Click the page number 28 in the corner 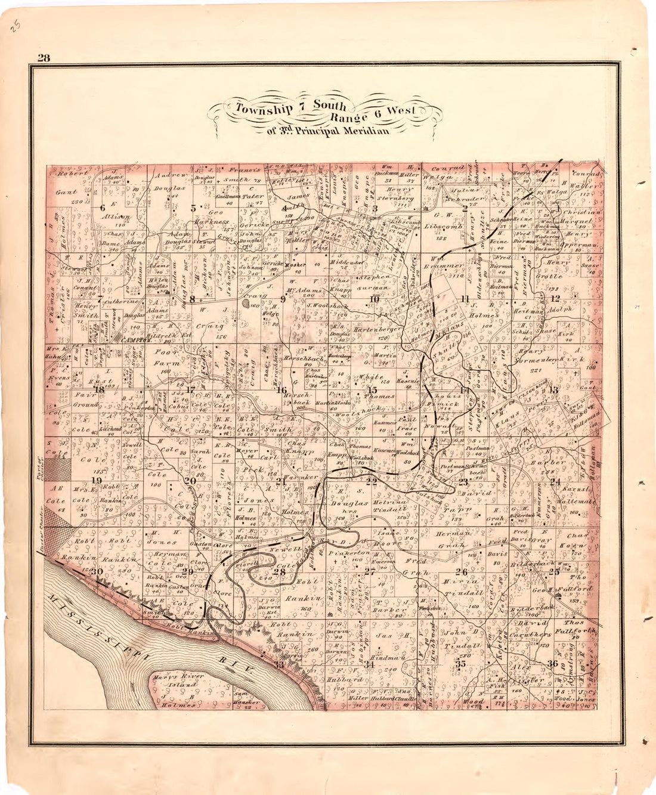(44, 58)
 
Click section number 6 (103, 208)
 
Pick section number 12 (555, 298)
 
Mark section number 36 (553, 663)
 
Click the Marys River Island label (177, 680)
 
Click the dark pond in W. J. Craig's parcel (247, 303)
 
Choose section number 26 (461, 571)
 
